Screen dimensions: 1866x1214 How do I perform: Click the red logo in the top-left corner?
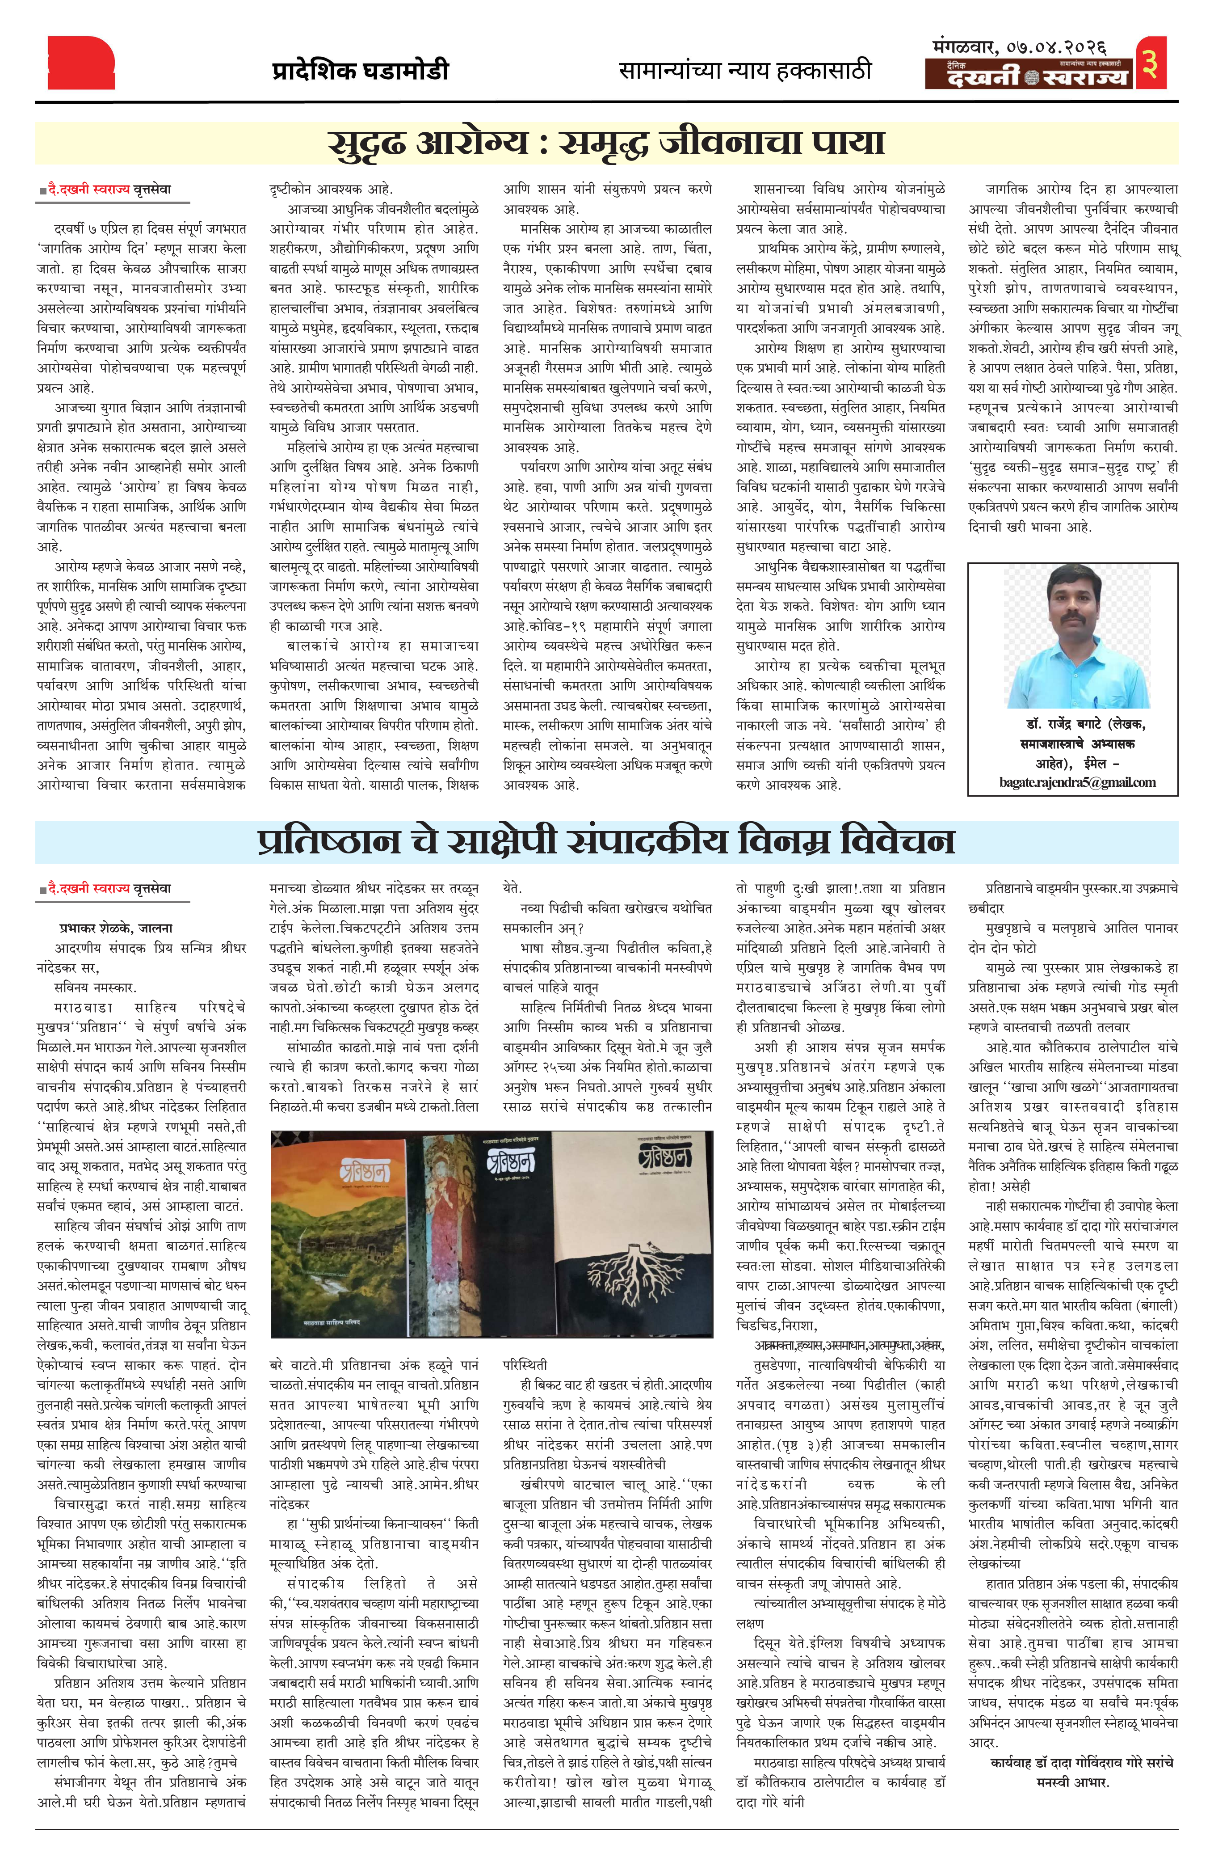click(x=81, y=63)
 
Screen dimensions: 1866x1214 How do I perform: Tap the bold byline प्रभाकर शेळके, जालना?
click(x=116, y=928)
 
